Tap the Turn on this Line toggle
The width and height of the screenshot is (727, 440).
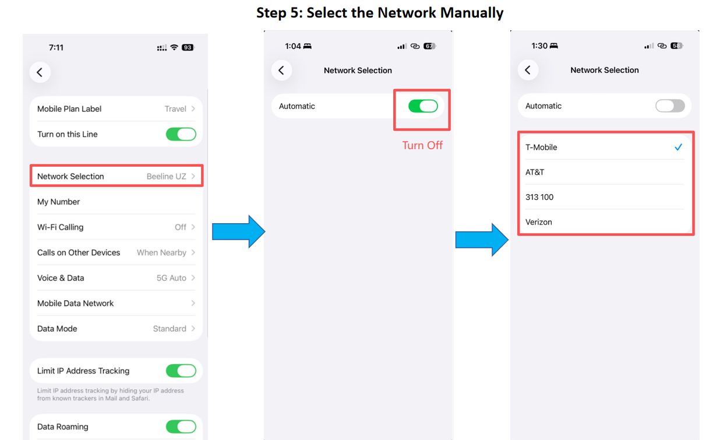point(181,134)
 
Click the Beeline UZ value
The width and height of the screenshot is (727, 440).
point(166,177)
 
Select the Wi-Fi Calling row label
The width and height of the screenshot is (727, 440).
point(61,227)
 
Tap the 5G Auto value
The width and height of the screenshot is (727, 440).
point(171,278)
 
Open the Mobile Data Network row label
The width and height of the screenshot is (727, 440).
point(75,303)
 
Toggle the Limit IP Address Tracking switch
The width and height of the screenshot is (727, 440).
point(181,371)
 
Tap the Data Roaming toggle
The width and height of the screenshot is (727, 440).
point(181,427)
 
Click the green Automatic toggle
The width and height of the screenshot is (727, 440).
point(423,106)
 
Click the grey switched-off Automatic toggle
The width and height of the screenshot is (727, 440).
point(670,106)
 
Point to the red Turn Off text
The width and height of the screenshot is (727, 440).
point(422,145)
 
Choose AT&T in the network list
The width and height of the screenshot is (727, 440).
point(535,172)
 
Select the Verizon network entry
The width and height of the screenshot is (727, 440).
point(538,222)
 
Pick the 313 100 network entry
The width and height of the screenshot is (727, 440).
point(539,197)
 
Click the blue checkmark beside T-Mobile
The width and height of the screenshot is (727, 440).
point(678,147)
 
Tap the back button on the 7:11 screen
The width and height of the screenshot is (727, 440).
point(40,72)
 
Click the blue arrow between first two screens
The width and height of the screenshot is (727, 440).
point(239,231)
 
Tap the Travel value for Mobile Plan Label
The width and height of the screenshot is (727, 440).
point(175,109)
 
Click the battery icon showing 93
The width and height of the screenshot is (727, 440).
point(188,47)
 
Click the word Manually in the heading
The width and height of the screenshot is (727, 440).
point(472,13)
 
